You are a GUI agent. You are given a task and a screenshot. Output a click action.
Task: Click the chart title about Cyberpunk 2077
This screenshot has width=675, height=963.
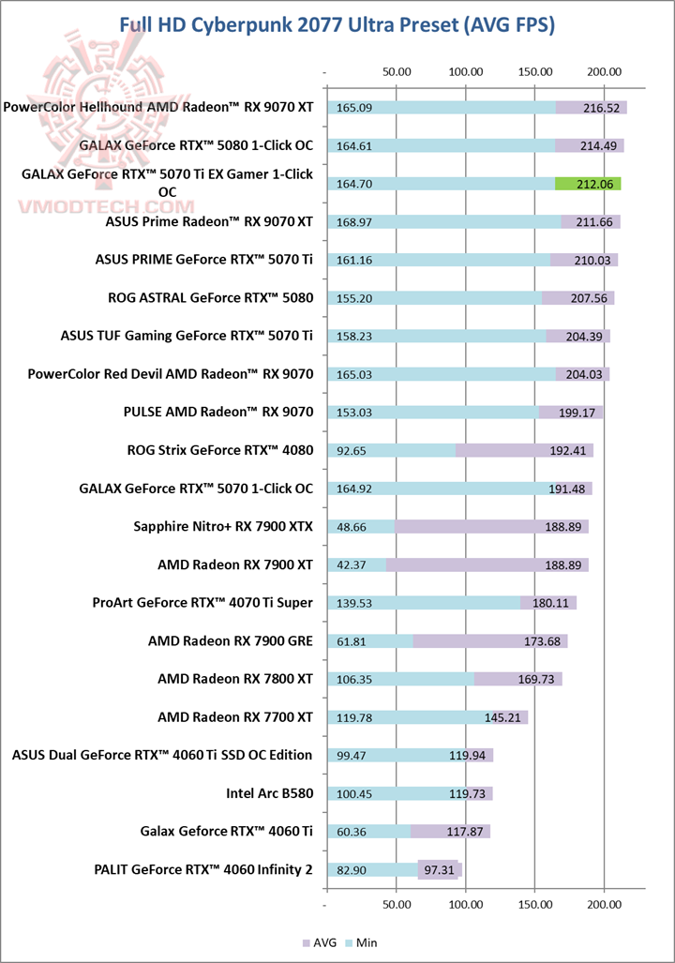pos(337,25)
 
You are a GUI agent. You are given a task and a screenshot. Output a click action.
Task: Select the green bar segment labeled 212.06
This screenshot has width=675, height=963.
pos(588,184)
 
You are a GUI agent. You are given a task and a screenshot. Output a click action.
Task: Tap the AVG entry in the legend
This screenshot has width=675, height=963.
pos(319,942)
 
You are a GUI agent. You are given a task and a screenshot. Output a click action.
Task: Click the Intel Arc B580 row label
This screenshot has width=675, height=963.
pos(269,793)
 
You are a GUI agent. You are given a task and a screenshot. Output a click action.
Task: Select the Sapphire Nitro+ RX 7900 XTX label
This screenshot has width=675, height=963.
pos(223,526)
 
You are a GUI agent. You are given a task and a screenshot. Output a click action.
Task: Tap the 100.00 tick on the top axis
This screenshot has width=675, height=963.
pos(466,70)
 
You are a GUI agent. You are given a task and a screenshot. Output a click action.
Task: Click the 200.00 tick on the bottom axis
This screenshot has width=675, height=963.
pos(604,906)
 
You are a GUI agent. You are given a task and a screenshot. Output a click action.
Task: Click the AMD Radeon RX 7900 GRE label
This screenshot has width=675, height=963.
pos(231,640)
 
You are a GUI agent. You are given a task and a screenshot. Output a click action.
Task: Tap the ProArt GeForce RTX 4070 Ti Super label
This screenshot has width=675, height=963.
pos(202,602)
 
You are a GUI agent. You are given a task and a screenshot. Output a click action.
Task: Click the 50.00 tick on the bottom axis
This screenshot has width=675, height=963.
pos(397,906)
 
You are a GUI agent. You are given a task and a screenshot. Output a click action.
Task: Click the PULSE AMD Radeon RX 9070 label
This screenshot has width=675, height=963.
pos(218,412)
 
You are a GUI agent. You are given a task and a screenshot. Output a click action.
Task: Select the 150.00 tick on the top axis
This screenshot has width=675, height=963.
pos(535,70)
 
